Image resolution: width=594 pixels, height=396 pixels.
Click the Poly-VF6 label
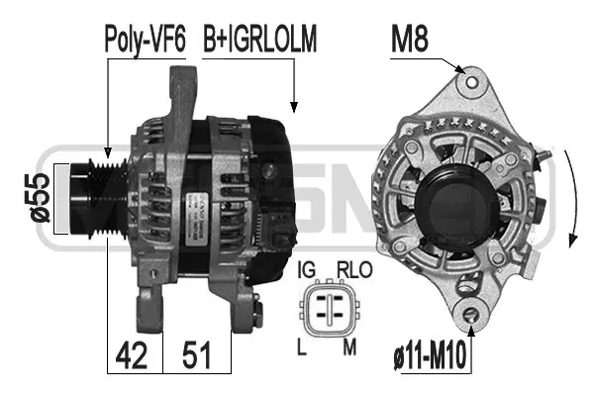coord(145,40)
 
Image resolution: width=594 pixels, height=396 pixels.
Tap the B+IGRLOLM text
coord(260,40)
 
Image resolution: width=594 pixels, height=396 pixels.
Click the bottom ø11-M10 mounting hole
coord(472,316)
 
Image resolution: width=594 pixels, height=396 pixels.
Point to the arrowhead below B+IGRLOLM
coord(293,103)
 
